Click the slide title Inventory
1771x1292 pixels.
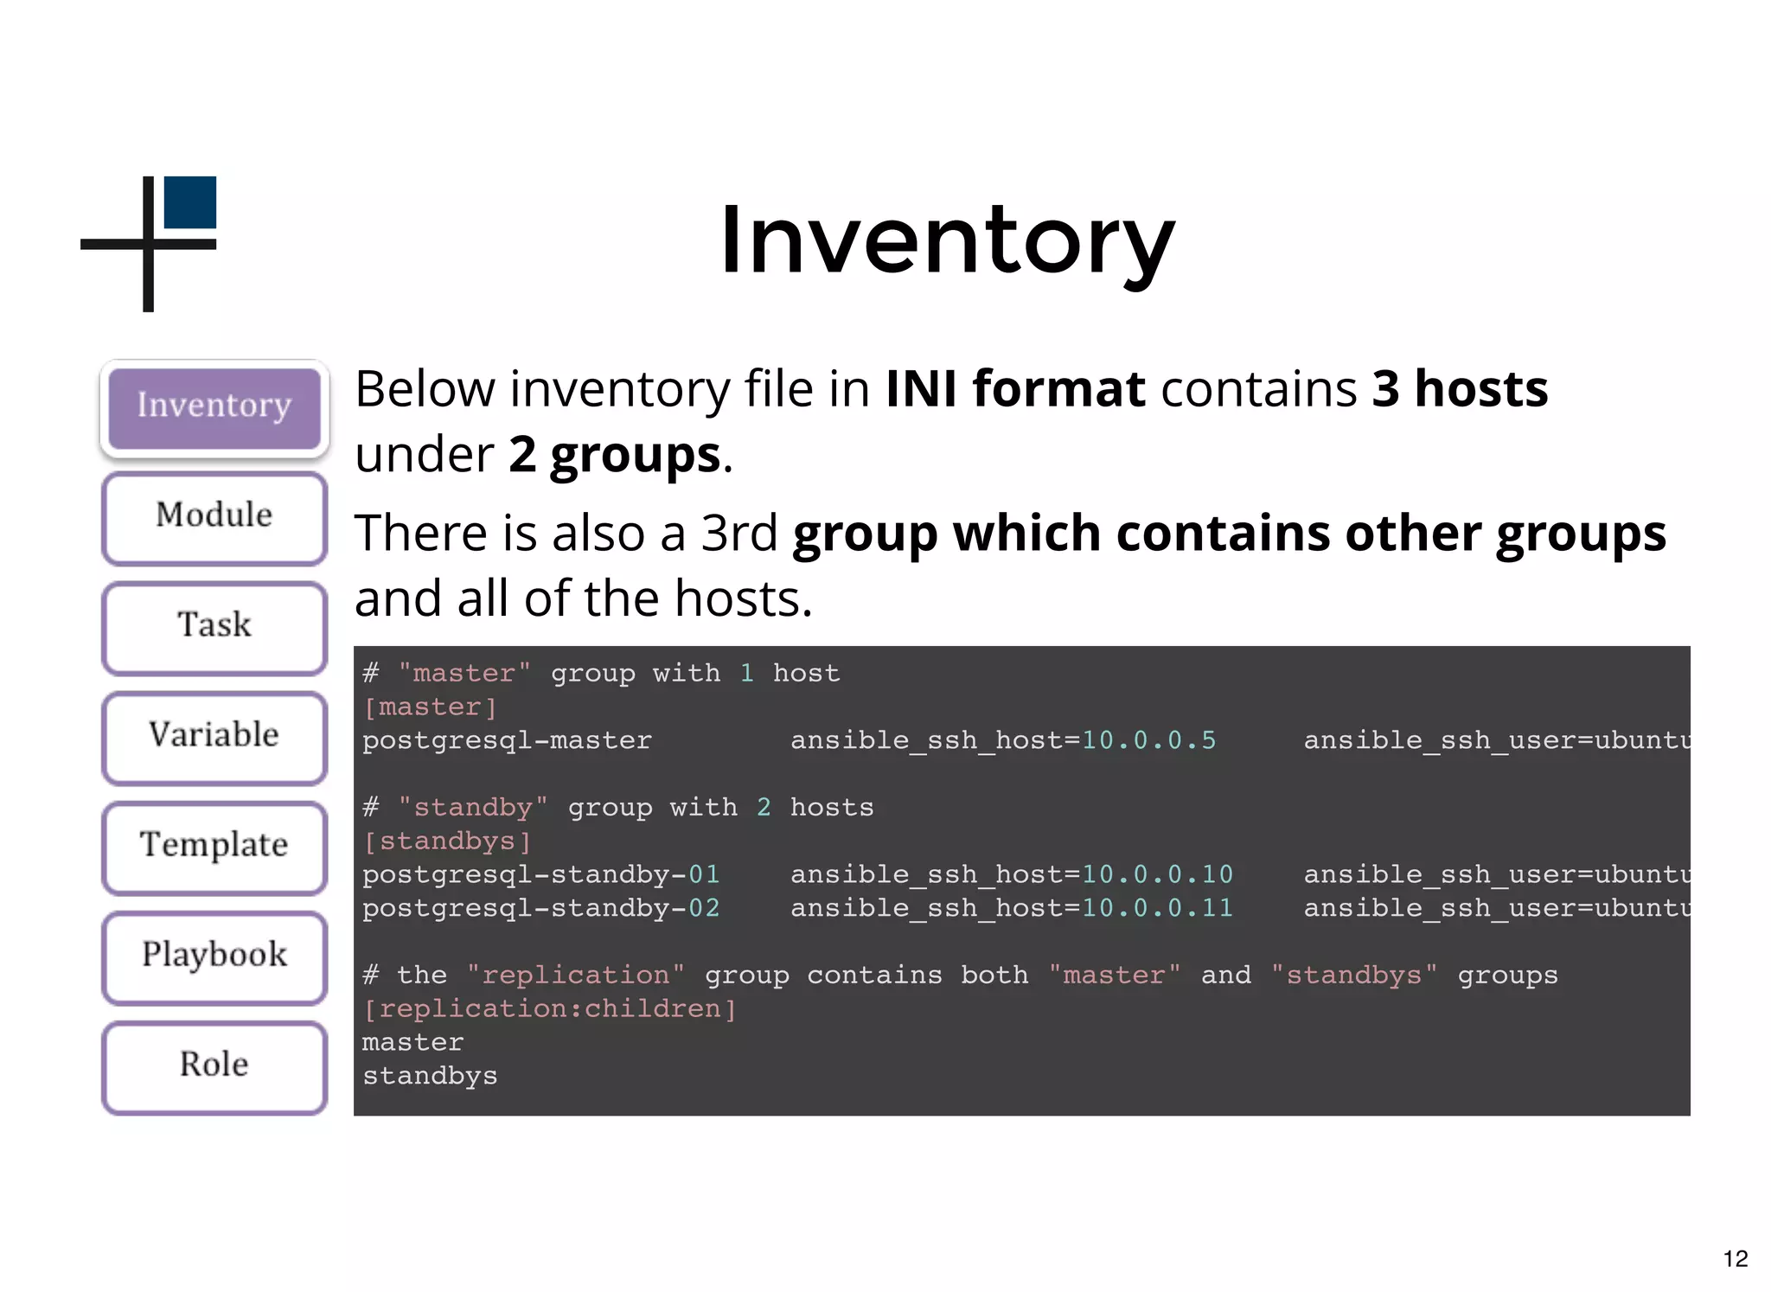pyautogui.click(x=947, y=240)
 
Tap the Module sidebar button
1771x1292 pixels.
pyautogui.click(x=214, y=517)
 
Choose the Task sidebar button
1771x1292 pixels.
pyautogui.click(x=214, y=626)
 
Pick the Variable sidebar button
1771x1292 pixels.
pyautogui.click(x=214, y=736)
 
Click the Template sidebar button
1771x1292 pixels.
pyautogui.click(x=214, y=846)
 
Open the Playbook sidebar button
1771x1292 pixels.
pyautogui.click(x=214, y=956)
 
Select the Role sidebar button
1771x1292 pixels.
pyautogui.click(x=214, y=1065)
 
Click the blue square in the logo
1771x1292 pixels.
pyautogui.click(x=190, y=202)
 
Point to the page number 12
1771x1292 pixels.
pyautogui.click(x=1735, y=1259)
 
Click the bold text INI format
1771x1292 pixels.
pyautogui.click(x=1015, y=389)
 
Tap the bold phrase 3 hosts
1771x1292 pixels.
pyautogui.click(x=1460, y=389)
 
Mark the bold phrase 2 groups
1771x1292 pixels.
pyautogui.click(x=614, y=455)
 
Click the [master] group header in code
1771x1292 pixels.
pyautogui.click(x=430, y=707)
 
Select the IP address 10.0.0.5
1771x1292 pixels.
pyautogui.click(x=1148, y=741)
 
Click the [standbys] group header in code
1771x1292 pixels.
pyautogui.click(x=447, y=841)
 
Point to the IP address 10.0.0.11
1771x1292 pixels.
pyautogui.click(x=1157, y=909)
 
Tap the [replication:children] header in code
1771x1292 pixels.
pyautogui.click(x=549, y=1009)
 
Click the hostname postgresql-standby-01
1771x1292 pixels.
pyautogui.click(x=540, y=875)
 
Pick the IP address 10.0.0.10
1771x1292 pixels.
pyautogui.click(x=1157, y=875)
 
